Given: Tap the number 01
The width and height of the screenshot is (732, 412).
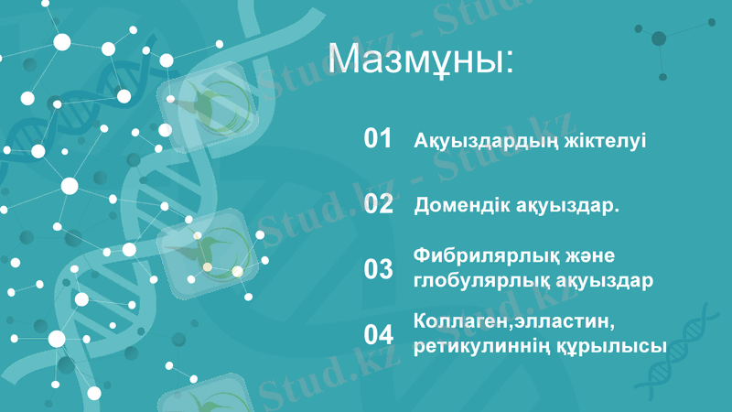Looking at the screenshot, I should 378,139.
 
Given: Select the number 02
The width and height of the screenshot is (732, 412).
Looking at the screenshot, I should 378,204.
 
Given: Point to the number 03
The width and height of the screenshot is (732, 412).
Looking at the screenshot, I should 378,269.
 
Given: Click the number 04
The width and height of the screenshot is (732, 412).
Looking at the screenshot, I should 378,334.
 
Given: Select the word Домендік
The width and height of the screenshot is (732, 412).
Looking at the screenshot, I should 460,206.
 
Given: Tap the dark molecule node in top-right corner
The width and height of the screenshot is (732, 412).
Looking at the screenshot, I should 659,38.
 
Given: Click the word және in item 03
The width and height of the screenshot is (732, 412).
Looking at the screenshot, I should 588,255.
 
